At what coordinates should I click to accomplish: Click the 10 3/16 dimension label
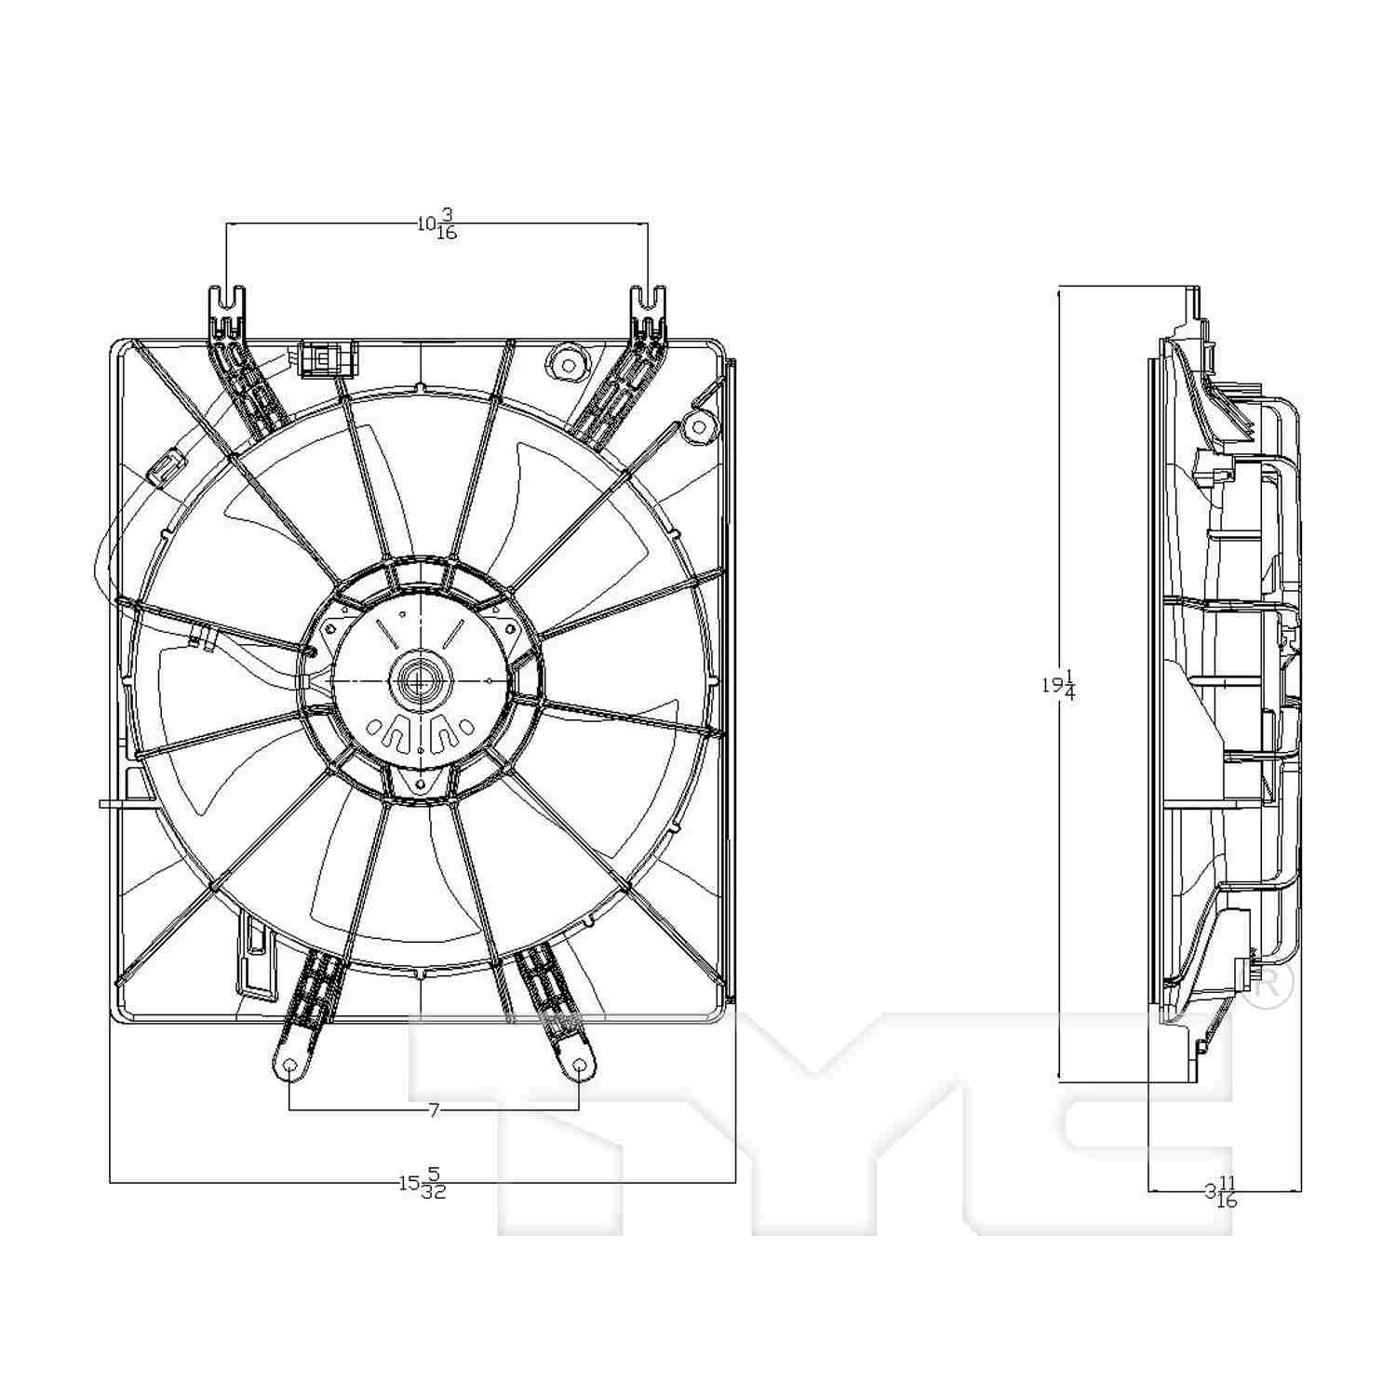click(436, 224)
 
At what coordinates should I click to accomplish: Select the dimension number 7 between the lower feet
click(433, 1109)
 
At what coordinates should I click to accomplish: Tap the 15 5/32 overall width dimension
click(423, 1183)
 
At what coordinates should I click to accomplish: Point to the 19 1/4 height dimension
click(1058, 685)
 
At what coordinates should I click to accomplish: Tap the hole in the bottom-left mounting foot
click(289, 1066)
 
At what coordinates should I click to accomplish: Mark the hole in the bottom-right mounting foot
click(579, 1066)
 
